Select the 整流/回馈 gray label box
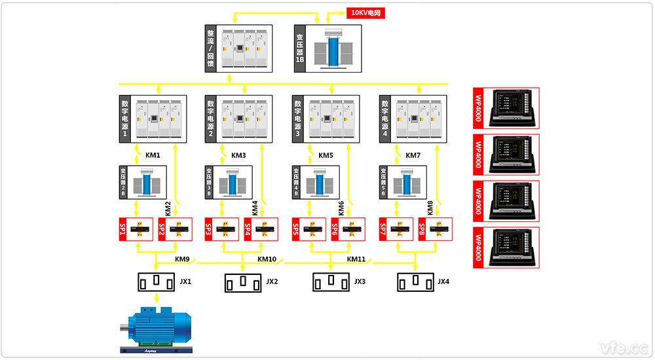[211, 47]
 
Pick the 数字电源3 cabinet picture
[333, 119]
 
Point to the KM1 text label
[153, 156]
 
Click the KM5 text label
[326, 156]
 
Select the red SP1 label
[122, 229]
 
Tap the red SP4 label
[248, 229]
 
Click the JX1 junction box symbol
[156, 281]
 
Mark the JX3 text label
[360, 282]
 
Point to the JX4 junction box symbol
[417, 282]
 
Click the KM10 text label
[267, 259]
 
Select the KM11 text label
[356, 259]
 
